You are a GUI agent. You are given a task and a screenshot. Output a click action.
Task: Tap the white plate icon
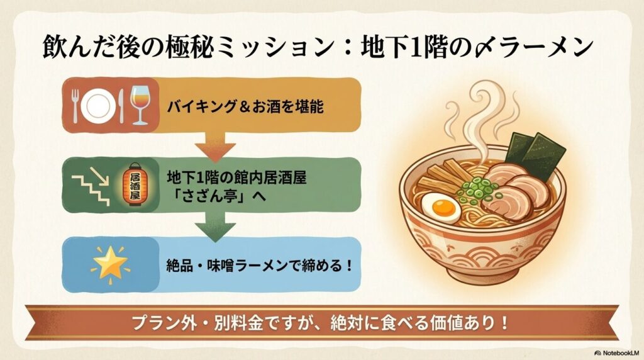pyautogui.click(x=98, y=106)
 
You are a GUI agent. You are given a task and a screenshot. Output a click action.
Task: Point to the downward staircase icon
pyautogui.click(x=92, y=188)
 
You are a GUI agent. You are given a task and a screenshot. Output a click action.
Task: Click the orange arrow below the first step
pyautogui.click(x=211, y=146)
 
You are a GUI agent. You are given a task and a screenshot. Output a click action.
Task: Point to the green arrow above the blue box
pyautogui.click(x=211, y=225)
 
